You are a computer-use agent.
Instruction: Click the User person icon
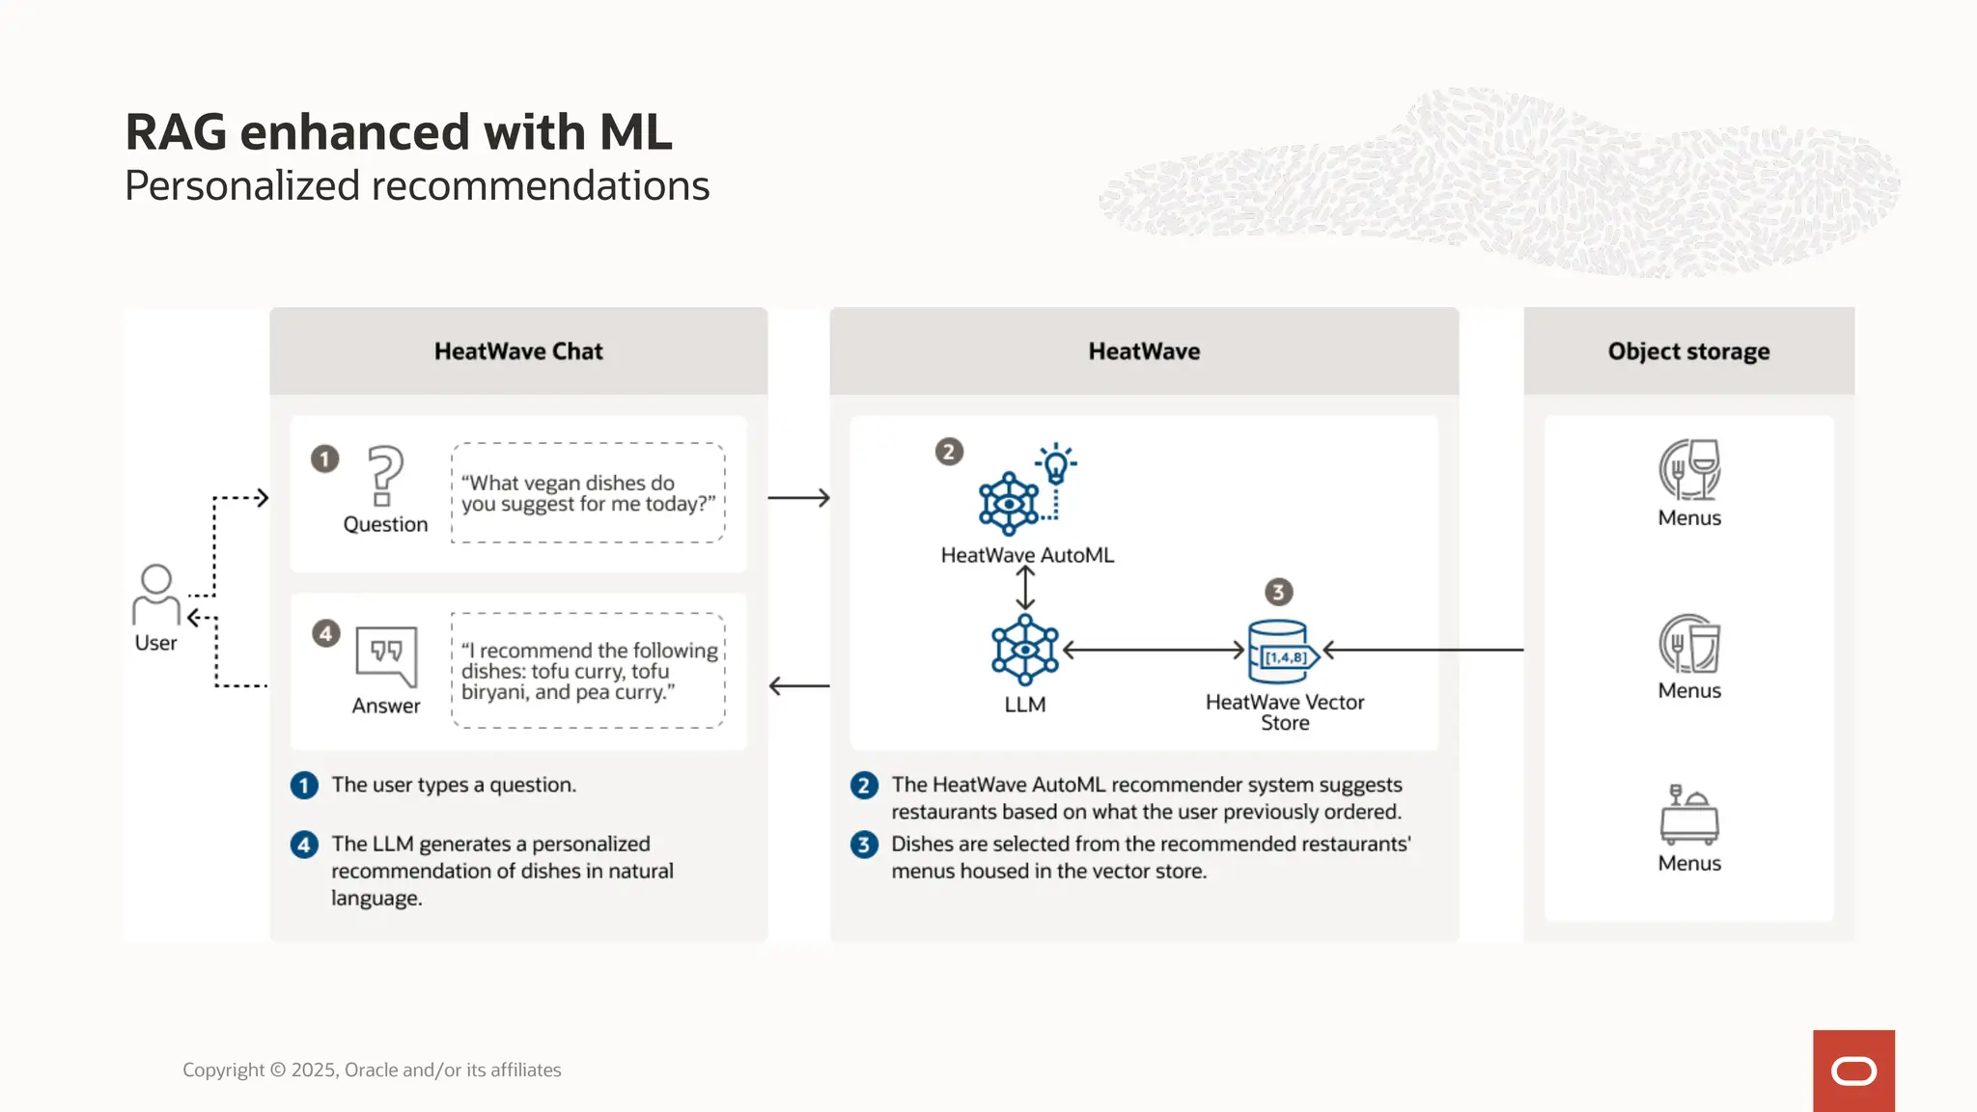(156, 595)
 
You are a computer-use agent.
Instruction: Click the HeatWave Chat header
(518, 351)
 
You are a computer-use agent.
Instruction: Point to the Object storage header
(1688, 351)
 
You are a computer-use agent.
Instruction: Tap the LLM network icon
(1025, 650)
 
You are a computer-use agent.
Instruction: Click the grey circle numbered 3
(1278, 592)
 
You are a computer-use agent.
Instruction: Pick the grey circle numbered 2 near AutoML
(949, 452)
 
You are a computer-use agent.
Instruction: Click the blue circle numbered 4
(304, 845)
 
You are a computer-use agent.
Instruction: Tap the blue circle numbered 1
(304, 786)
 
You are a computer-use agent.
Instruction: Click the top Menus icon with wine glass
(1689, 470)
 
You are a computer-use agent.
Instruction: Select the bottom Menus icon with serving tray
(1689, 815)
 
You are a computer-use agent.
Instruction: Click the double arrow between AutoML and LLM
(1025, 587)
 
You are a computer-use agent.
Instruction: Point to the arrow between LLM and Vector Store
(1154, 651)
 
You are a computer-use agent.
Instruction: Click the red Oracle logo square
(1853, 1070)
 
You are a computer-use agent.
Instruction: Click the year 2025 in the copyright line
(313, 1070)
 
